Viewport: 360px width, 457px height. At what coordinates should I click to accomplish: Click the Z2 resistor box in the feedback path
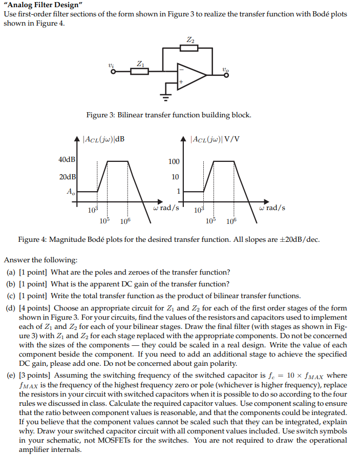(x=189, y=48)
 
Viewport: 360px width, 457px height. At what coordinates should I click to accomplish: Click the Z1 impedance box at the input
(x=140, y=71)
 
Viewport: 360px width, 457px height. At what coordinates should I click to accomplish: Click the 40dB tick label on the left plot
(x=67, y=159)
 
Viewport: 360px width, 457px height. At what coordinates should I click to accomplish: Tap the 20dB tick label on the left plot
(x=67, y=177)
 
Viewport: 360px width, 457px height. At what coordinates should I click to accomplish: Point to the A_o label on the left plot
(x=70, y=192)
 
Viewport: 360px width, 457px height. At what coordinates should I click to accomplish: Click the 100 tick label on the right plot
(x=174, y=161)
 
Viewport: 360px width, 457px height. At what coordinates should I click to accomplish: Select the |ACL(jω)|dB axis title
(x=103, y=138)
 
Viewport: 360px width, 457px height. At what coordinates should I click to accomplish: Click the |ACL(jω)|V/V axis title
(x=215, y=138)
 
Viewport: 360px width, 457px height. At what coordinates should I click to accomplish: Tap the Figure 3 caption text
(x=168, y=115)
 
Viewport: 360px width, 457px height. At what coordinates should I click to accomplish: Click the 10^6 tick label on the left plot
(x=125, y=221)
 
